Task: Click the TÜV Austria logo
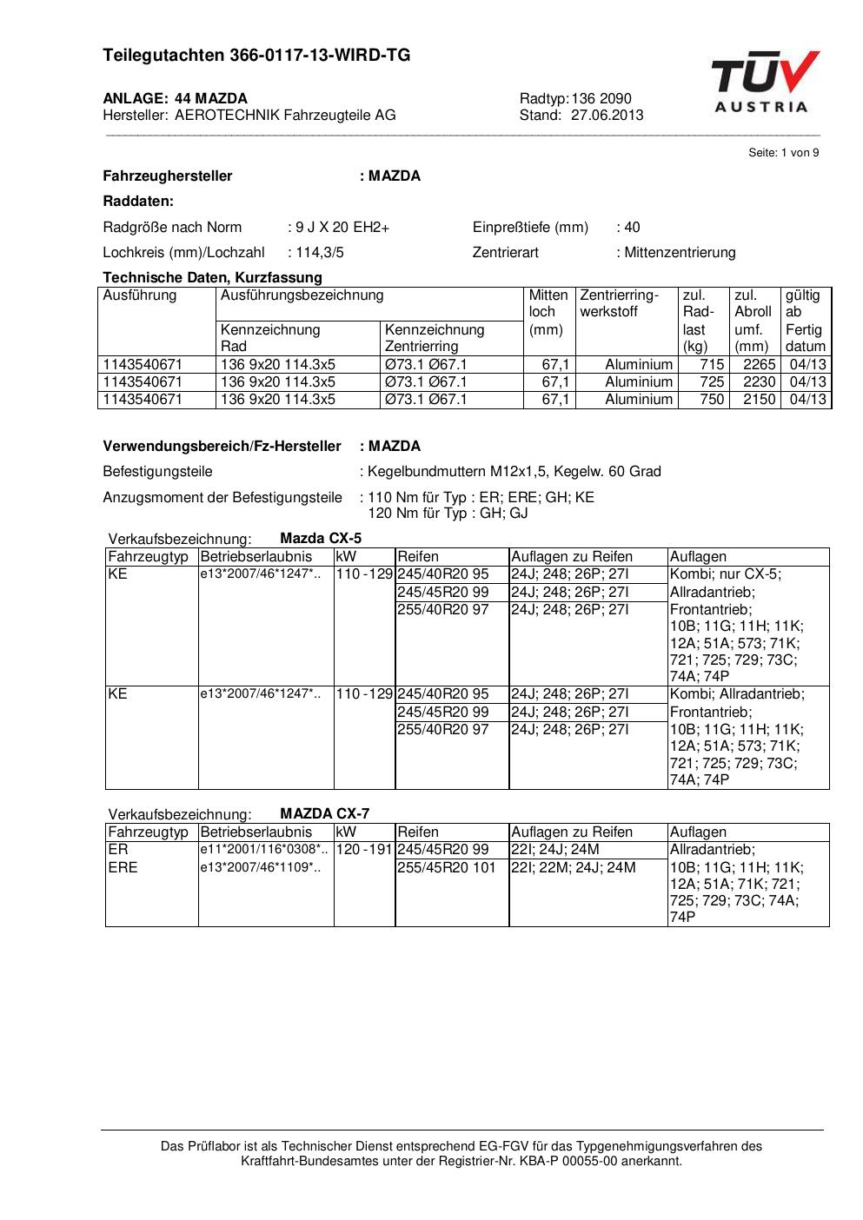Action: [x=765, y=82]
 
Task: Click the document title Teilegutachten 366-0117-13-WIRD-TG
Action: [x=256, y=56]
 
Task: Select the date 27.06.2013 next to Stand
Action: [x=607, y=115]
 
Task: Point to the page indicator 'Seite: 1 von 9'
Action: [x=783, y=153]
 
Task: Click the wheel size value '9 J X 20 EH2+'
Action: [x=342, y=228]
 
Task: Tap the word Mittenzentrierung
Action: [x=680, y=253]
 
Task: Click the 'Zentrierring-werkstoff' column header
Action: [x=620, y=303]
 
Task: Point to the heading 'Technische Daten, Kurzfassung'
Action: [x=212, y=278]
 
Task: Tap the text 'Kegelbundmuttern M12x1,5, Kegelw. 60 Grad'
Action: [x=514, y=472]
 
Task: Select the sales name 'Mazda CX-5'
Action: [x=321, y=538]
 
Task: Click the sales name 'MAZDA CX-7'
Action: [x=324, y=813]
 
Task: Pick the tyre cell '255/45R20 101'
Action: [x=446, y=867]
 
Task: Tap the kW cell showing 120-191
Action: [x=364, y=850]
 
